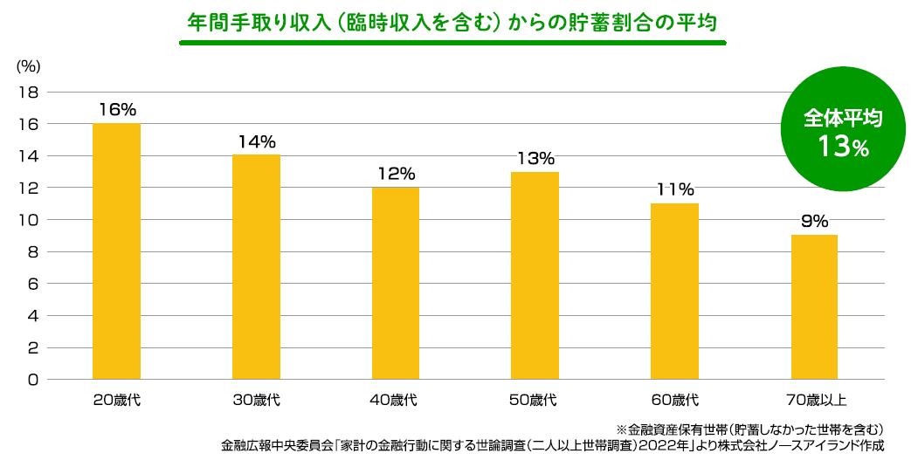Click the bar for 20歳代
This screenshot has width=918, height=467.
(x=116, y=251)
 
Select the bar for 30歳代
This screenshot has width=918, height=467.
(x=256, y=267)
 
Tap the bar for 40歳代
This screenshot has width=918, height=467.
(x=395, y=284)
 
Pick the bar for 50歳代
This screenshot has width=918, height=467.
(x=535, y=276)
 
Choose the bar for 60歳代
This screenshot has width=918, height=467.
(x=674, y=292)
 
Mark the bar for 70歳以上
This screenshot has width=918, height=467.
(x=814, y=307)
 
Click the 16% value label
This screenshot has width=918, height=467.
(x=117, y=110)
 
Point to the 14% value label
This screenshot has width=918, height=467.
(x=256, y=141)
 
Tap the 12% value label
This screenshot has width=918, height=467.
(x=396, y=174)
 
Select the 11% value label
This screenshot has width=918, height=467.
(x=675, y=189)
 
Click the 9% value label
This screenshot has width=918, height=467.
(x=814, y=221)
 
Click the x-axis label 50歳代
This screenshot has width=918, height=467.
(x=535, y=402)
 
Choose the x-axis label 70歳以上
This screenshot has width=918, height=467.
(x=815, y=402)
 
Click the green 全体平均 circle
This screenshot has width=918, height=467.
(x=843, y=131)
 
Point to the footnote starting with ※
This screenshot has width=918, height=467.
(x=750, y=429)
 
